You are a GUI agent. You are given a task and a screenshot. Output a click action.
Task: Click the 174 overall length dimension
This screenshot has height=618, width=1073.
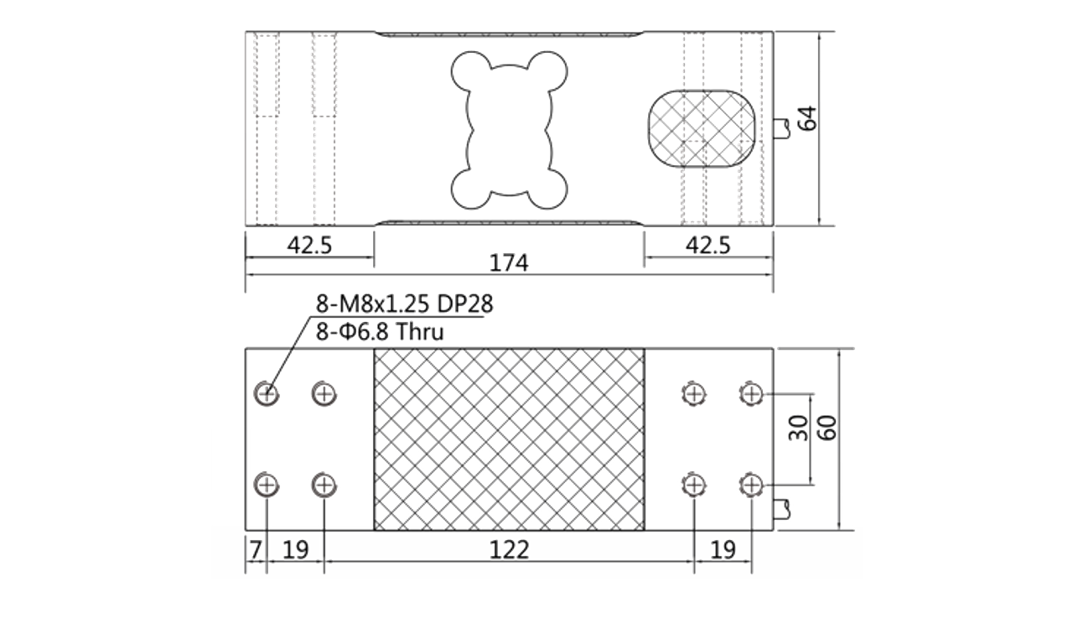coord(509,262)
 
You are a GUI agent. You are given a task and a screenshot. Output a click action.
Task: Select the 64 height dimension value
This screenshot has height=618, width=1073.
coord(807,118)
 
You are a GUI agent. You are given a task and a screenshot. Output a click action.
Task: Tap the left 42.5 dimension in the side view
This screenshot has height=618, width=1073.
coord(309,246)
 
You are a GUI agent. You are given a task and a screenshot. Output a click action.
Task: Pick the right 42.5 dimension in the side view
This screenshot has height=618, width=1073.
coord(708,246)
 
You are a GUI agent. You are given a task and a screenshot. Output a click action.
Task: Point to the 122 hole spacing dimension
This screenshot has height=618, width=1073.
coord(509,549)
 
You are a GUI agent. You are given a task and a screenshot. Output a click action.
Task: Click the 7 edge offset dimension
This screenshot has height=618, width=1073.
coord(256,549)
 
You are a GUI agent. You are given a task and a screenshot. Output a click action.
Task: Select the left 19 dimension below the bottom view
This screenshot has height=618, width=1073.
coord(296,549)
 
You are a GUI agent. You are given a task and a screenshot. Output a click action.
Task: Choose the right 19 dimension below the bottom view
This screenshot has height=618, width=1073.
coord(723,549)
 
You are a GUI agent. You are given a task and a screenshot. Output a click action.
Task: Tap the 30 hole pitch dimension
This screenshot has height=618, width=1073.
coord(799,428)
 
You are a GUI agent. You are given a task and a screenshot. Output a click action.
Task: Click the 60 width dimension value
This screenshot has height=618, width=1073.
coord(827,428)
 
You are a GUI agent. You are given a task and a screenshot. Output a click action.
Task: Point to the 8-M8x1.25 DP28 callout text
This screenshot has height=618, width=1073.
coord(404,304)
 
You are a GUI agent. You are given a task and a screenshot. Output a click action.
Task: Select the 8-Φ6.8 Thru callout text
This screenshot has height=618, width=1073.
coord(380,331)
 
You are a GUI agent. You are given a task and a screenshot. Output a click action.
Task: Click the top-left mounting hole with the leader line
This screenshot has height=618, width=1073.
coord(267,394)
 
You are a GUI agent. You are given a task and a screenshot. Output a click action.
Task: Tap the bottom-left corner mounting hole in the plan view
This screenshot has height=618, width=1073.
coord(267,486)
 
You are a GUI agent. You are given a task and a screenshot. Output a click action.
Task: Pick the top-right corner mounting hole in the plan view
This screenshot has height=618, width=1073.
coord(751,394)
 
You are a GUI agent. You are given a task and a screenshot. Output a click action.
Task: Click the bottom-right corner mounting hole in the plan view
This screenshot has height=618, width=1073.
coord(751,486)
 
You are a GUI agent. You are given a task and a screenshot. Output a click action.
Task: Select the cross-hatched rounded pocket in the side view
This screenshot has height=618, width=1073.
coord(702,128)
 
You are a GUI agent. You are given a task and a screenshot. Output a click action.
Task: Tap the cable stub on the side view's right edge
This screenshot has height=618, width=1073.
coord(781,129)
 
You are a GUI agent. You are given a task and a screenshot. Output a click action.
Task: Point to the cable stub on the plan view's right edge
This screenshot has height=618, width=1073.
coord(781,509)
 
